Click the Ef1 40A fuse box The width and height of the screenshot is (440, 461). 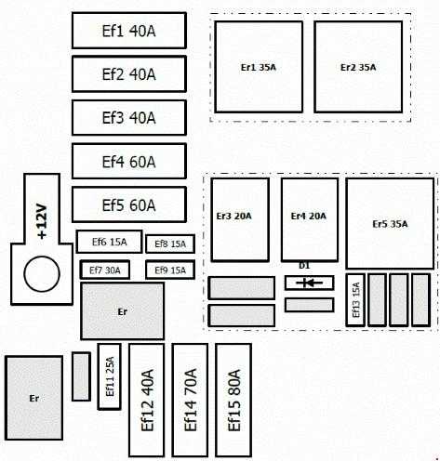click(129, 31)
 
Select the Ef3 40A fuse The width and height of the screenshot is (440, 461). click(129, 117)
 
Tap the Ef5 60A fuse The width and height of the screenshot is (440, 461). click(129, 204)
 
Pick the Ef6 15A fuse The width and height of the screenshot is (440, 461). click(110, 242)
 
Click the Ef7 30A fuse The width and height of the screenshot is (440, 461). click(105, 270)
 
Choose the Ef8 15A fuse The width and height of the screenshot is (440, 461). click(170, 244)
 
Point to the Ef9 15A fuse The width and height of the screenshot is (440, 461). click(170, 270)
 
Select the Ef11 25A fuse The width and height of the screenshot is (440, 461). click(110, 376)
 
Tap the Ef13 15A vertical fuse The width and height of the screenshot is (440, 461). click(355, 300)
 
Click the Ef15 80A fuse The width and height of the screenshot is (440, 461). click(233, 400)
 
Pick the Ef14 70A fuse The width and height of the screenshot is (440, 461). click(190, 400)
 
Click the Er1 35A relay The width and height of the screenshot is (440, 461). click(259, 67)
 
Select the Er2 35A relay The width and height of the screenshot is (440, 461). click(358, 67)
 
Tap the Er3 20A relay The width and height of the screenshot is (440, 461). click(240, 219)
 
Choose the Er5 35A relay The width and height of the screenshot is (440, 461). click(390, 223)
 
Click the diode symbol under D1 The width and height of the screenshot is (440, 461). click(309, 283)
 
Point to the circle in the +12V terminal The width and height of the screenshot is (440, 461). click(42, 274)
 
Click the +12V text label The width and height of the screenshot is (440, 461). click(42, 221)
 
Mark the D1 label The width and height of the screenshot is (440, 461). click(304, 266)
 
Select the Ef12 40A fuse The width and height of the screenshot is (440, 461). click(147, 400)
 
